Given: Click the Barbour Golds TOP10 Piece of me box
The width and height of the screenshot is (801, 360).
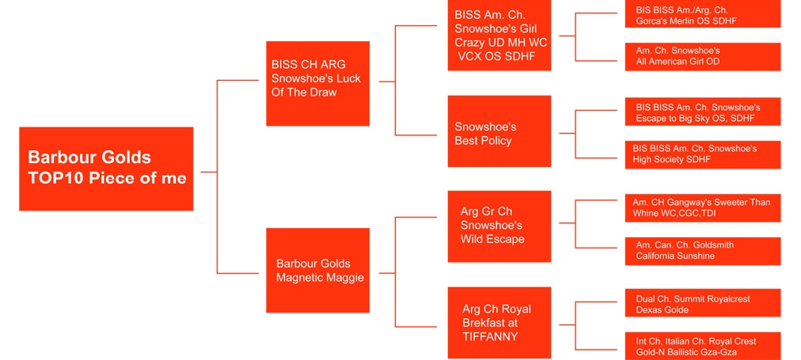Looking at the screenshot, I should point(106,169).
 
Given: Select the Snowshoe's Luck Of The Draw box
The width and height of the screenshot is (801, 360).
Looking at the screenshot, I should point(317,83).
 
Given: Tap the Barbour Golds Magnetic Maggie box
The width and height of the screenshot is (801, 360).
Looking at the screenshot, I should point(317,270).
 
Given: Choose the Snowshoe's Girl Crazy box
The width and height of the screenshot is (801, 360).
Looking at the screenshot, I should point(499,36).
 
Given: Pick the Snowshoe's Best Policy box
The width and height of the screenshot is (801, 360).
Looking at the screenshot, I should point(499,131).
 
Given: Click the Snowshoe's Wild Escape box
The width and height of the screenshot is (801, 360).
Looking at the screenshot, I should point(499,226).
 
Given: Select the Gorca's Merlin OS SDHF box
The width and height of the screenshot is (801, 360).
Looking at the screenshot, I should point(702,15).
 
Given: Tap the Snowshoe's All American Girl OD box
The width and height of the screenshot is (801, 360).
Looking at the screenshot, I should point(702,56).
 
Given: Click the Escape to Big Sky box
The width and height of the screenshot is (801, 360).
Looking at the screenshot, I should point(702,112).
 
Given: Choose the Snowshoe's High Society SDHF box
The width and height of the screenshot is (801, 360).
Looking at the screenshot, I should point(702,154).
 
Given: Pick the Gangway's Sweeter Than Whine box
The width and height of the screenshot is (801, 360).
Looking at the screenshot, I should point(702,208).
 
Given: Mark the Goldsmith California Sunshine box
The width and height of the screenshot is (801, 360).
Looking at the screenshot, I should point(702,251).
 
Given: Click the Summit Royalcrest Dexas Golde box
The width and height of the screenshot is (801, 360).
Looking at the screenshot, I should point(702,304).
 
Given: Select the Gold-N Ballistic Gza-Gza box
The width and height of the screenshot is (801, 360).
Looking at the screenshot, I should point(702,346).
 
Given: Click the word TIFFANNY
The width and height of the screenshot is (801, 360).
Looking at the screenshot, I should point(490,336).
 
